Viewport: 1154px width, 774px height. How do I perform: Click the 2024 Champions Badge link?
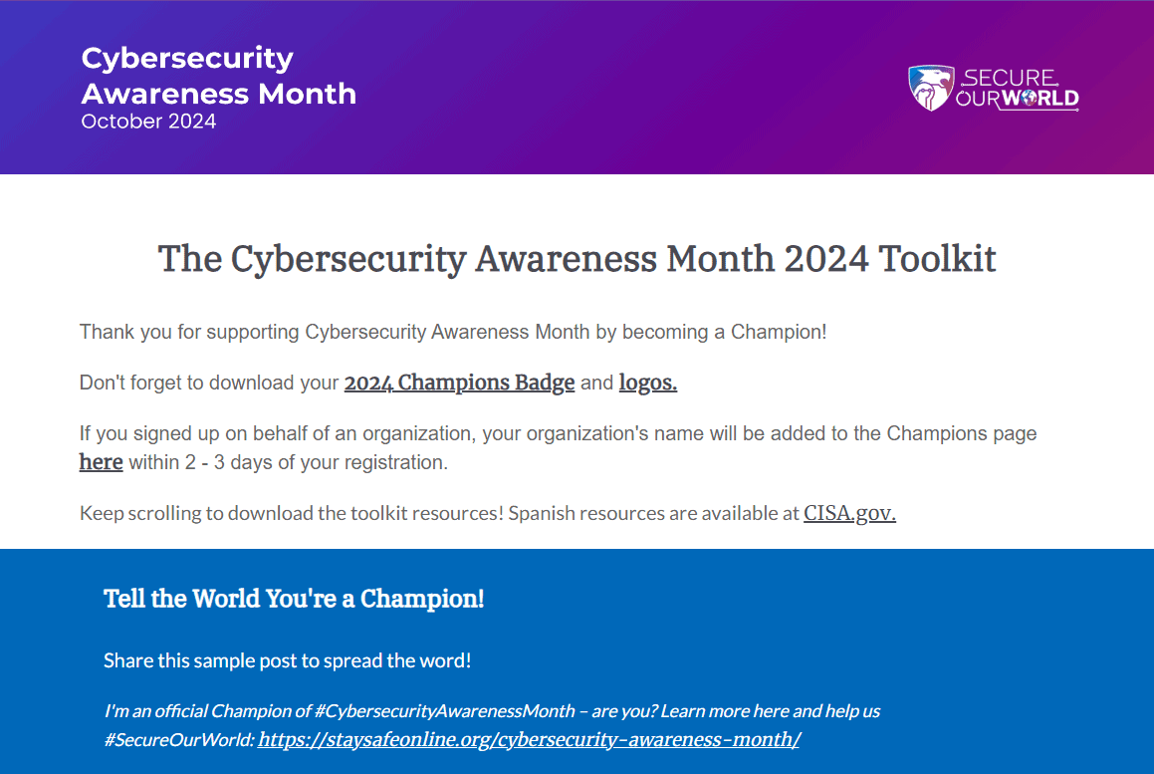pos(459,383)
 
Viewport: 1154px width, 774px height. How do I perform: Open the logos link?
pos(647,383)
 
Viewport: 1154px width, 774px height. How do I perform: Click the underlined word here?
pos(101,462)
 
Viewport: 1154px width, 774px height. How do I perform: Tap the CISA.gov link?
pos(849,514)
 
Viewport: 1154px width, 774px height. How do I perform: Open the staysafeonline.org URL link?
pos(529,739)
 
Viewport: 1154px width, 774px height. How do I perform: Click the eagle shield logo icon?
pos(930,88)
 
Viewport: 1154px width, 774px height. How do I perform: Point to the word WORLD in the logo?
pos(1039,98)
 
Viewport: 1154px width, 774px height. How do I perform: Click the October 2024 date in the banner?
pos(148,122)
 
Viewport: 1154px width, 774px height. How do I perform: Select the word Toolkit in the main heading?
pos(937,259)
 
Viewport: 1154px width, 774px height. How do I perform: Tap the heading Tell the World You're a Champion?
pos(294,599)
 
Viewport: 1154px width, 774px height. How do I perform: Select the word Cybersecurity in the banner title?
pos(187,58)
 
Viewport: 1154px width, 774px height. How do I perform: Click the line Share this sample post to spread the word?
pos(287,660)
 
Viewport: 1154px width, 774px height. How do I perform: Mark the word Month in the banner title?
pos(307,94)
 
